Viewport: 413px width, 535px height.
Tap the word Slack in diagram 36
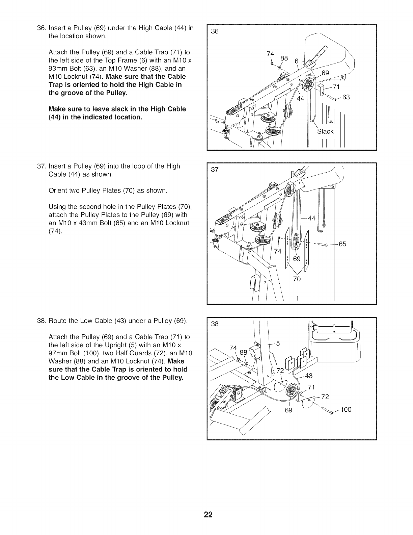pos(325,131)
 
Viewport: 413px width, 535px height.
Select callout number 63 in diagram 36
pos(347,98)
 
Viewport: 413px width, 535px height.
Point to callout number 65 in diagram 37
pos(342,244)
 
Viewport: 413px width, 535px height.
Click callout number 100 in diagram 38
pos(346,410)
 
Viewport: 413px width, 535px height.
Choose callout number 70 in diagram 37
pos(297,279)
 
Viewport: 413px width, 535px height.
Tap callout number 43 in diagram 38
pos(309,376)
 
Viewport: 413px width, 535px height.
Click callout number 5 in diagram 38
pos(278,344)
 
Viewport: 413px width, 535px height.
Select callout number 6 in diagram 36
pos(296,61)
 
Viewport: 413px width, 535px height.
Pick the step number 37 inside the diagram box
pos(215,170)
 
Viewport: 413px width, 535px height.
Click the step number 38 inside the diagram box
pos(215,324)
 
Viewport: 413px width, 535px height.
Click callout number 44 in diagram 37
pos(311,218)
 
